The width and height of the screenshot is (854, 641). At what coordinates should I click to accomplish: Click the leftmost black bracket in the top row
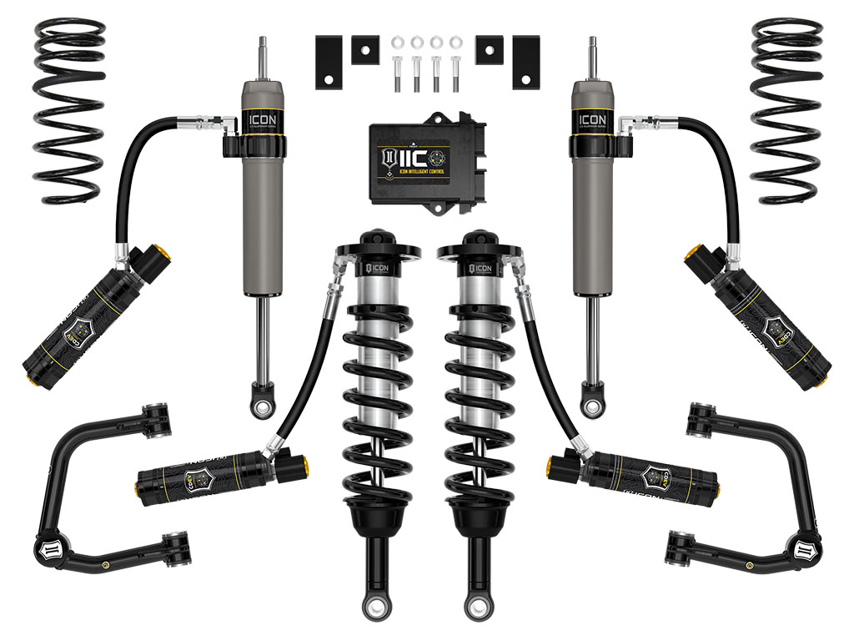point(329,63)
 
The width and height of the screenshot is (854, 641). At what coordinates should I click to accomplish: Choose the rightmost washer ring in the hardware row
point(455,42)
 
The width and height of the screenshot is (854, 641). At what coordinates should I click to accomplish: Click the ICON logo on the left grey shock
point(260,119)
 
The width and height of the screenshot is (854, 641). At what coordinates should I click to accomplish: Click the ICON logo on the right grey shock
point(593,119)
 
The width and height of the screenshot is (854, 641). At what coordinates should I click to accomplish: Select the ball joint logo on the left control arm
point(43,551)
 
